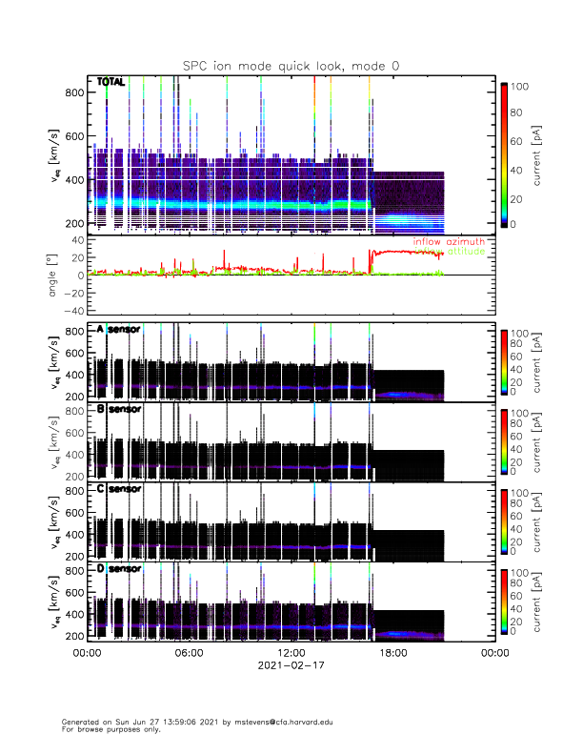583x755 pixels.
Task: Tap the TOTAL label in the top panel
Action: click(x=111, y=83)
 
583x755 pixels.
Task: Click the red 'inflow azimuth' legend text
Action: click(x=448, y=242)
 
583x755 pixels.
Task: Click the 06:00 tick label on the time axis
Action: click(x=189, y=653)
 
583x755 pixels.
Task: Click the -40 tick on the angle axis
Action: click(x=73, y=312)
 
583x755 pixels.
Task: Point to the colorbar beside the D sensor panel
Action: click(x=504, y=602)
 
